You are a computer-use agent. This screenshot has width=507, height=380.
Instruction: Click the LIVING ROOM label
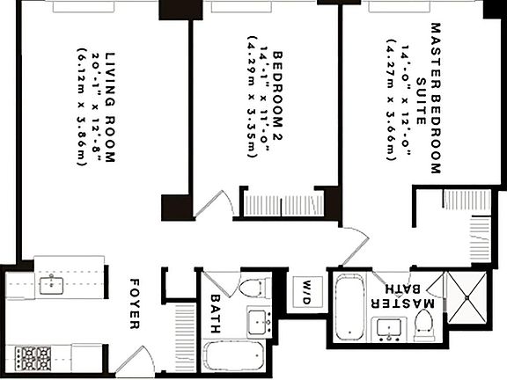[x=110, y=106]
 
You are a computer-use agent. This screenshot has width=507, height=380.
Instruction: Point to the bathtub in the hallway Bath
[x=235, y=360]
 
